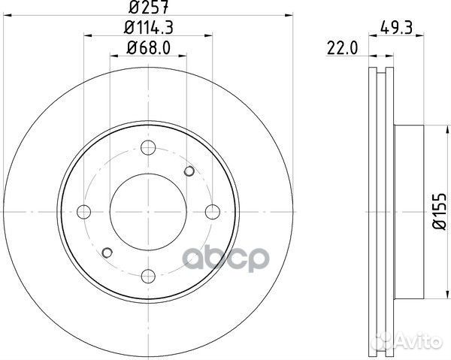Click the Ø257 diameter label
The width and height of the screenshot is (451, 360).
pos(148,7)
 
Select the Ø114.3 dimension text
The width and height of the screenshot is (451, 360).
pos(148,28)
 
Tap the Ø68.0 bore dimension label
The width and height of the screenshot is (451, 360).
pos(148,48)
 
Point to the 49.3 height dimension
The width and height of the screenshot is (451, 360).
pos(396,28)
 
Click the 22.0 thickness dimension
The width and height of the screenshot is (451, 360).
pos(342,48)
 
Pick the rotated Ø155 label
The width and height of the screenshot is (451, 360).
pos(440,211)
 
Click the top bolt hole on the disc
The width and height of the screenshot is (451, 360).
pos(148,148)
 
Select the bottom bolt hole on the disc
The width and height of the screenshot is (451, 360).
pos(148,277)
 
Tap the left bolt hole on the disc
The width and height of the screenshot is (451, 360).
pos(84,212)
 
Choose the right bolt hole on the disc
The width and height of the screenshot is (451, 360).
pos(213,212)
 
